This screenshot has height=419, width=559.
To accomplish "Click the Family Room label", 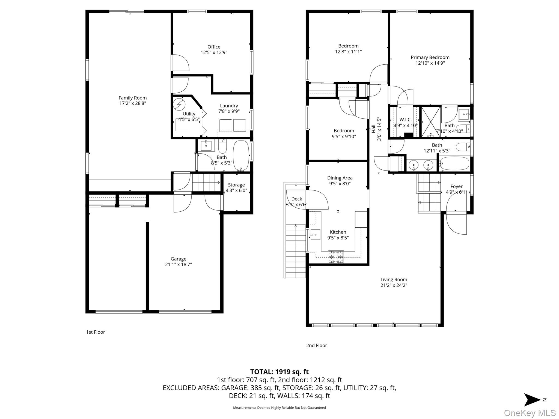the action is pyautogui.click(x=133, y=98).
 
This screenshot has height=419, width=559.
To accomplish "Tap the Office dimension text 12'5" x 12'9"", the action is pyautogui.click(x=214, y=52).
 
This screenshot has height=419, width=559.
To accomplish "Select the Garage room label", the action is pyautogui.click(x=179, y=259).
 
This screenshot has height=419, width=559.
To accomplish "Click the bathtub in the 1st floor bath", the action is pyautogui.click(x=241, y=155).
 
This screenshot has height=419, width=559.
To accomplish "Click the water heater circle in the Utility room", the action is pyautogui.click(x=179, y=104).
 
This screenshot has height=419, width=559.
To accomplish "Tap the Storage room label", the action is pyautogui.click(x=236, y=185).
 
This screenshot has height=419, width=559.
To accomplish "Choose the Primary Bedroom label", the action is pyautogui.click(x=430, y=57).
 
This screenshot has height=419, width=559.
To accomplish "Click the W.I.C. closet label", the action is pyautogui.click(x=406, y=120).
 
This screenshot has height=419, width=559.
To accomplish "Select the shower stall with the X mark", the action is pyautogui.click(x=431, y=122).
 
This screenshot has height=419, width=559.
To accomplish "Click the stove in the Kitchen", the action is pyautogui.click(x=336, y=257).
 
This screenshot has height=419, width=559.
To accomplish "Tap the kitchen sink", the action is pyautogui.click(x=315, y=235).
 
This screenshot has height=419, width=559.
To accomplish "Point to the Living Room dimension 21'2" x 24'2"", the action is pyautogui.click(x=394, y=285).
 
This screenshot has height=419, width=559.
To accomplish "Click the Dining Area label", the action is pyautogui.click(x=340, y=178).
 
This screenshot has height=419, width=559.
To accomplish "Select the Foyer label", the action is pyautogui.click(x=456, y=186).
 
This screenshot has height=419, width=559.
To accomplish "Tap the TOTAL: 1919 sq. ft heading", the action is pyautogui.click(x=279, y=372).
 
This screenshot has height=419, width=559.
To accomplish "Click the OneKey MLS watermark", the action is pyautogui.click(x=530, y=413).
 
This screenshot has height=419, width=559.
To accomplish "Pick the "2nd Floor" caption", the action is pyautogui.click(x=317, y=345).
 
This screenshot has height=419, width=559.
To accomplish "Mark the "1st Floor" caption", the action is pyautogui.click(x=96, y=332).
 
